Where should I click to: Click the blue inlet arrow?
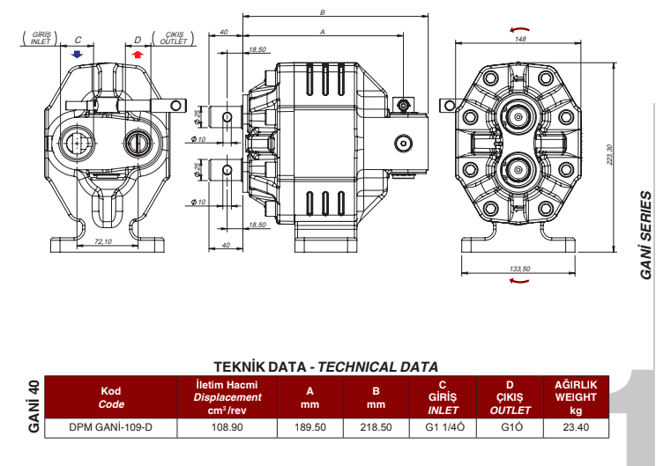[78, 55]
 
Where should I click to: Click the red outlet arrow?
[137, 55]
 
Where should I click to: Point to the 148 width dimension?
[520, 40]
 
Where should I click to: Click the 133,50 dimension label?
[520, 268]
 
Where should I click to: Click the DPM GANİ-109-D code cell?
[111, 428]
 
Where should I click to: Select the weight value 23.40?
[575, 428]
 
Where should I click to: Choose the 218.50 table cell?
[376, 428]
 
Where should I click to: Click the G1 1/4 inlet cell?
[443, 428]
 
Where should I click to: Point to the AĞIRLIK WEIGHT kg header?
[575, 397]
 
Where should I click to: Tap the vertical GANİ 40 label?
[34, 408]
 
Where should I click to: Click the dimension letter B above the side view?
[324, 12]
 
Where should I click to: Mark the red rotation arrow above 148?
[520, 28]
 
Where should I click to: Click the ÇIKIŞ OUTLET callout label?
[170, 39]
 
